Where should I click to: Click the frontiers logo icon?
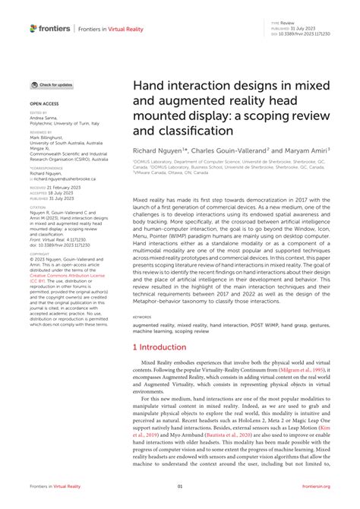point(34,28)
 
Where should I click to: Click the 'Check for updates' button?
point(52,85)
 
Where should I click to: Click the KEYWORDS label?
point(141,318)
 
